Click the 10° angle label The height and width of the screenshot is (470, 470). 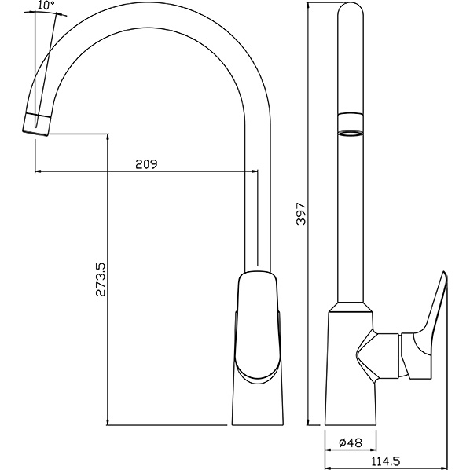tap(46, 5)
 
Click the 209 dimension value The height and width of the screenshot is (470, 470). tap(146, 164)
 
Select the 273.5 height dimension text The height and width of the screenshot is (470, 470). tap(101, 280)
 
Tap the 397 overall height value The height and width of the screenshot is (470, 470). tap(301, 214)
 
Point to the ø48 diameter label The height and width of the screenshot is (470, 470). tap(351, 442)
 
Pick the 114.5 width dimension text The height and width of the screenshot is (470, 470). tap(386, 461)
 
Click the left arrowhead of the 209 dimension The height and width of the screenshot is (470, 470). tap(38, 171)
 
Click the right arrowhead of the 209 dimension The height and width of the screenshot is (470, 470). tap(255, 171)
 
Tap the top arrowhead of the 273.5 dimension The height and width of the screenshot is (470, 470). tap(108, 137)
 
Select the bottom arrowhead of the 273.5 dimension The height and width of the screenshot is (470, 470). tap(108, 422)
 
